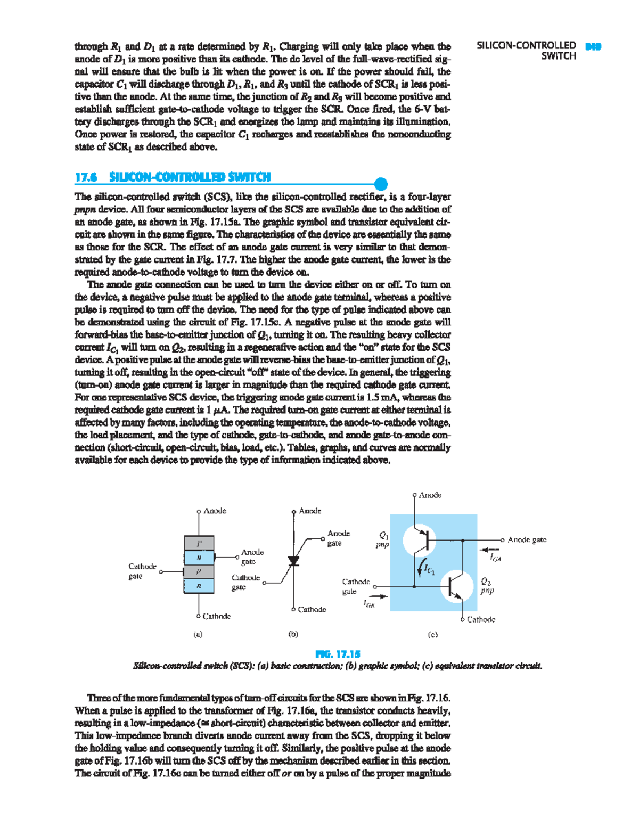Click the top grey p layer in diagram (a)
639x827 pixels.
click(199, 543)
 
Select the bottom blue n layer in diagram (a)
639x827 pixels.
click(199, 585)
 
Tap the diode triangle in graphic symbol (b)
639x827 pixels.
click(293, 561)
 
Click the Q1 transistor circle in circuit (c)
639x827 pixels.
click(419, 541)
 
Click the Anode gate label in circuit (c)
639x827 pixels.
click(527, 540)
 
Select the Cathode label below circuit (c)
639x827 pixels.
click(481, 619)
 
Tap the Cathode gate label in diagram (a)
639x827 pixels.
click(142, 571)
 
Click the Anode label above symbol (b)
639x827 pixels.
click(310, 511)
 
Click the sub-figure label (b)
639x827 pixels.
click(293, 634)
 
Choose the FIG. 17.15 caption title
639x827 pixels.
click(338, 654)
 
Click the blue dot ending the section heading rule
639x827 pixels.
click(381, 184)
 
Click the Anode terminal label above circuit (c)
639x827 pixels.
click(430, 495)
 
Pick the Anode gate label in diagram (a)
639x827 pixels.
click(252, 556)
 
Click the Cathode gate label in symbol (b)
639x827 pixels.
click(245, 582)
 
